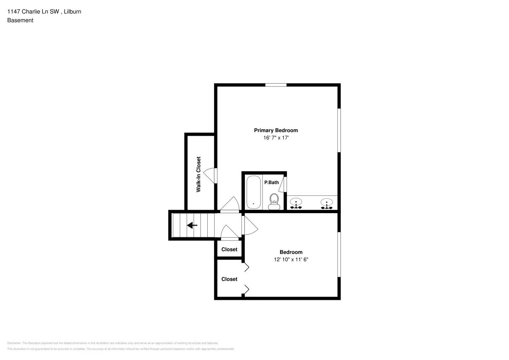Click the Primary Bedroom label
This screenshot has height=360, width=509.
pyautogui.click(x=276, y=130)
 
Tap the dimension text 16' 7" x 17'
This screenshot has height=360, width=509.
pyautogui.click(x=276, y=138)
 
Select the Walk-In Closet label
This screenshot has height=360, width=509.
pyautogui.click(x=198, y=174)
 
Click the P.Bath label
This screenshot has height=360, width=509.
pyautogui.click(x=271, y=183)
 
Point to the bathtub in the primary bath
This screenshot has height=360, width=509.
pyautogui.click(x=253, y=192)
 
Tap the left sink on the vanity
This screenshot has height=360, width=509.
pyautogui.click(x=296, y=204)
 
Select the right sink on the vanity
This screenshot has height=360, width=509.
pyautogui.click(x=327, y=204)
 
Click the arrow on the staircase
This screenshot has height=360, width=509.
pyautogui.click(x=192, y=225)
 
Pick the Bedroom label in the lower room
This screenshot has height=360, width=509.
pyautogui.click(x=291, y=252)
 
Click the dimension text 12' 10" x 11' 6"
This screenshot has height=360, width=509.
pyautogui.click(x=291, y=259)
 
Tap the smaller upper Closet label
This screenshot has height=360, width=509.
pyautogui.click(x=229, y=249)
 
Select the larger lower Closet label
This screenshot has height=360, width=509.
pyautogui.click(x=229, y=279)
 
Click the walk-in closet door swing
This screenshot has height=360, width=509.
pyautogui.click(x=210, y=175)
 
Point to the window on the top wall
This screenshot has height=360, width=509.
pyautogui.click(x=276, y=85)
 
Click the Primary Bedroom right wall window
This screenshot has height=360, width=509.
pyautogui.click(x=339, y=130)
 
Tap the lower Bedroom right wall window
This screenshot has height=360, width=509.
pyautogui.click(x=339, y=254)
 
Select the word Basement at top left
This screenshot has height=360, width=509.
pyautogui.click(x=20, y=20)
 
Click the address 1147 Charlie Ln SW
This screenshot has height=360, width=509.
pyautogui.click(x=33, y=12)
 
